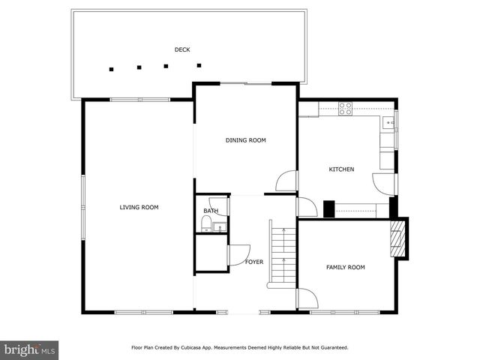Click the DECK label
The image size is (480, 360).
click(182, 50)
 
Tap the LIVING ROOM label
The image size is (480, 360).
click(139, 207)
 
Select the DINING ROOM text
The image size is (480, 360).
click(246, 140)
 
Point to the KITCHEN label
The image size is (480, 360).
click(341, 169)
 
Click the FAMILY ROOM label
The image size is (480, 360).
click(345, 267)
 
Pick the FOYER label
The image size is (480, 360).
click(254, 262)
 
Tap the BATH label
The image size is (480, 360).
click(211, 211)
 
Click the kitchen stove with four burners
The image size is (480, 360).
click(346, 109)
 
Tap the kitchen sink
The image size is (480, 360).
click(389, 122)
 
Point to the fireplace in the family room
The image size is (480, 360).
click(398, 238)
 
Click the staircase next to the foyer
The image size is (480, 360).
click(282, 255)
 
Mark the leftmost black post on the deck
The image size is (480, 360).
click(111, 69)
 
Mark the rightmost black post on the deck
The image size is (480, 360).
click(199, 65)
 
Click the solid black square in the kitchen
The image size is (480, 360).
click(328, 208)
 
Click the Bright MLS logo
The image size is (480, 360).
click(30, 349)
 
